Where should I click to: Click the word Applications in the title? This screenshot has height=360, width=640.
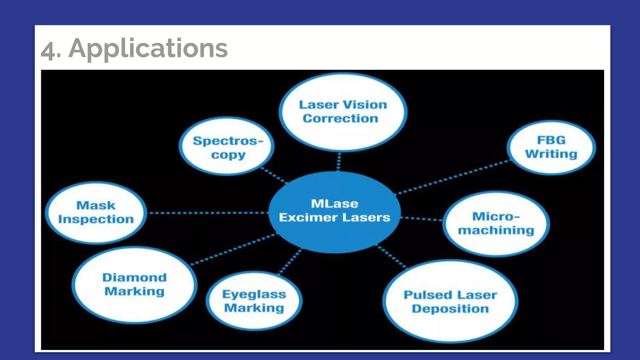coord(148,48)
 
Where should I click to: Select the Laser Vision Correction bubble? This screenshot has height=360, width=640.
coord(343,112)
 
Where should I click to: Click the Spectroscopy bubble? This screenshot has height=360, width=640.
coord(227,147)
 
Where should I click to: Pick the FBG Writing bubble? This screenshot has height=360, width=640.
coord(551,147)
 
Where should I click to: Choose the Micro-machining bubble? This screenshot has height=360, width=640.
coord(496,224)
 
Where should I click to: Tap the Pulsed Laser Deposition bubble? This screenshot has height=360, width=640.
coord(450,302)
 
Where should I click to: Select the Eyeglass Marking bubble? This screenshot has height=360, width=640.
coord(254,301)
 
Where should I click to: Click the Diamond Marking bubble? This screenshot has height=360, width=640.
coord(134,285)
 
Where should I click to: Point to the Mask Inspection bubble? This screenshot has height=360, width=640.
coord(96,212)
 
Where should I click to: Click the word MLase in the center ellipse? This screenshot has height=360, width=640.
coord(334,204)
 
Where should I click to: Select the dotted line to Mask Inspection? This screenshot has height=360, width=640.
coord(208,213)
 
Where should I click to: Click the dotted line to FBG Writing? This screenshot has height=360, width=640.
coord(453,177)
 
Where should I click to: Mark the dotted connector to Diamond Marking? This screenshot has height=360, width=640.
coord(233,249)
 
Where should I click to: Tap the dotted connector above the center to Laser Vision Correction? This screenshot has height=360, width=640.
coord(339,162)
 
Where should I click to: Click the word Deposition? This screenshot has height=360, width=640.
coord(450,309)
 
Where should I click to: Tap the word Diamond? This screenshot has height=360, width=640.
coord(134,277)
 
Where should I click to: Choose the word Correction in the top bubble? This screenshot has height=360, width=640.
coord(340,118)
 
